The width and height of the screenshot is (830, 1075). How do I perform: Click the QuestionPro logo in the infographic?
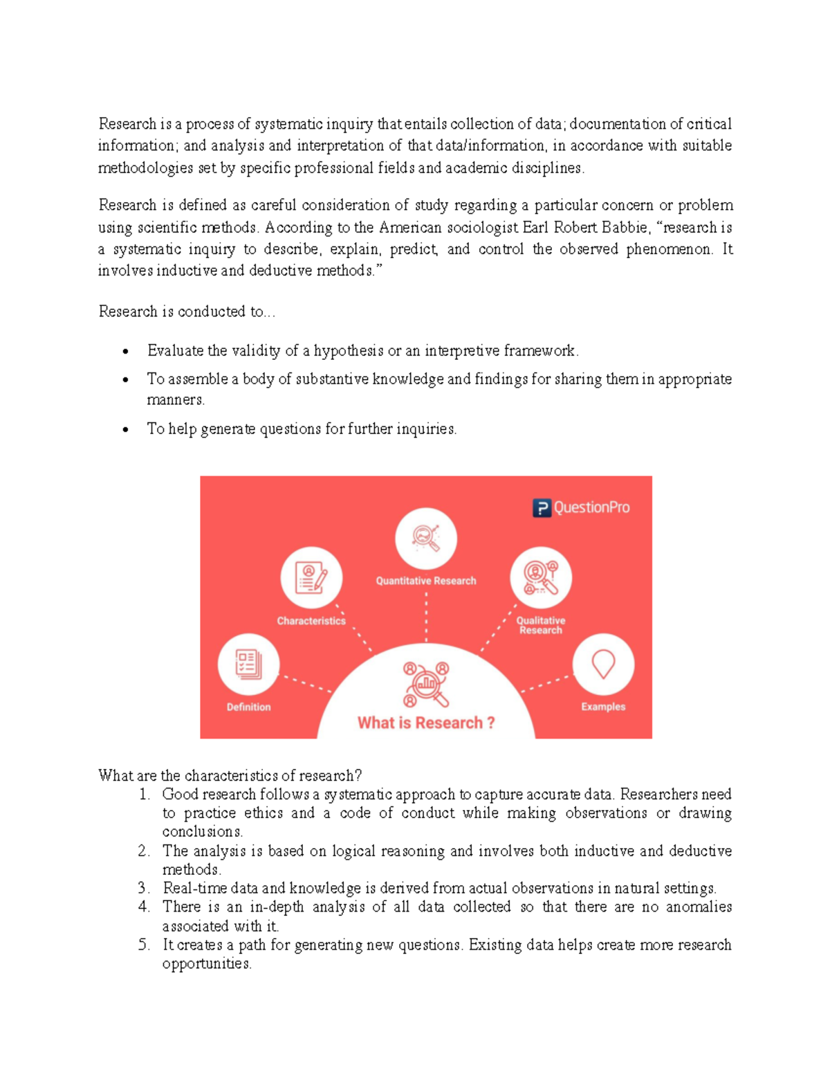(x=581, y=507)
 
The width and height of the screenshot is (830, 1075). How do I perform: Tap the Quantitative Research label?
(x=426, y=581)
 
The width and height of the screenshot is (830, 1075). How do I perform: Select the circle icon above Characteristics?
(x=311, y=578)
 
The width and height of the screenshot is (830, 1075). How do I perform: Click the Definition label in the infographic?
(x=248, y=707)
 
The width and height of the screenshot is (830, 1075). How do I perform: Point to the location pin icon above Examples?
(x=603, y=664)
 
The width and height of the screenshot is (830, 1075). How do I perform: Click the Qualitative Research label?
(x=541, y=625)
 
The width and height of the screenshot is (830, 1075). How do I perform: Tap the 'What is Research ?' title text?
(x=426, y=723)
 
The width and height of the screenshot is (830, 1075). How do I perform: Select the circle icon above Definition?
(x=248, y=665)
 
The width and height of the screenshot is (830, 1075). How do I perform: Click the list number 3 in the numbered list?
(x=143, y=888)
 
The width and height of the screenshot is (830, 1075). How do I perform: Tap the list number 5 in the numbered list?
(x=143, y=945)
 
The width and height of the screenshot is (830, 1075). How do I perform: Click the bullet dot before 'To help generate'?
(x=125, y=429)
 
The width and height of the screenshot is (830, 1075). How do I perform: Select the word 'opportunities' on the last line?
(x=205, y=964)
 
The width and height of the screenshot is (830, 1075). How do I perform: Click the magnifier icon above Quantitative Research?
(x=426, y=539)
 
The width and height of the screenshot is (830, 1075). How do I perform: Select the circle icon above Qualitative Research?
(x=541, y=578)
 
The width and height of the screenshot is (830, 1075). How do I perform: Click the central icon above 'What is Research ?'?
(x=426, y=683)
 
